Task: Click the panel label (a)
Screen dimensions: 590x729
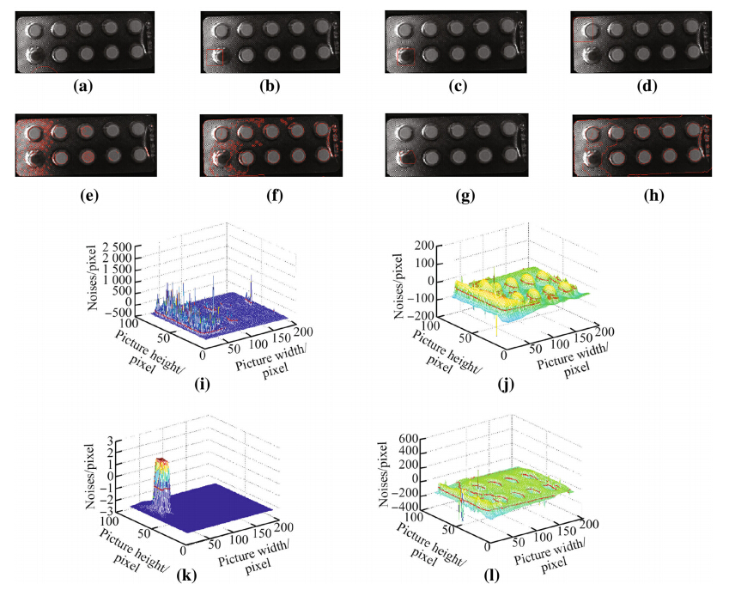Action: [x=82, y=86]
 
